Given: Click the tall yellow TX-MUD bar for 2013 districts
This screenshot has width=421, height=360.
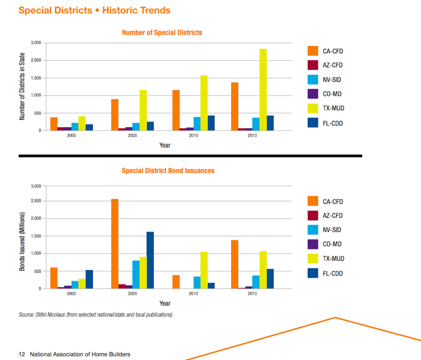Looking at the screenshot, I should coord(263,90).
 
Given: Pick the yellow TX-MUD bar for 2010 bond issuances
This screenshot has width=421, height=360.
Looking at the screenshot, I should coord(204,270).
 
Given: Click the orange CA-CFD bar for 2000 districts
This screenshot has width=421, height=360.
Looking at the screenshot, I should coord(54,124).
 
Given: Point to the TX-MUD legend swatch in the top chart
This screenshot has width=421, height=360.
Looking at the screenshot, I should coord(313,108).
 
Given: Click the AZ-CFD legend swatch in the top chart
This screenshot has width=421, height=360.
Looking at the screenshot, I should coord(313,65).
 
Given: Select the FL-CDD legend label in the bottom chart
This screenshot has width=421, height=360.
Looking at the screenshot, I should coord(333,273).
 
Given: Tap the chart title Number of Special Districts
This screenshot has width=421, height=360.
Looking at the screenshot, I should coord(162,32).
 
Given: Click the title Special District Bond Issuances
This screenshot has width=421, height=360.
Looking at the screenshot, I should coord(168,171).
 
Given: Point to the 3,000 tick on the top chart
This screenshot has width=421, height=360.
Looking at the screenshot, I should coord(36,43).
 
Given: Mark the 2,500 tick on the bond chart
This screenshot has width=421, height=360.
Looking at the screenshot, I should coord(36,201).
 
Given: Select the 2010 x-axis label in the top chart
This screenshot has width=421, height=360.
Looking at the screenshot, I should coord(193,136).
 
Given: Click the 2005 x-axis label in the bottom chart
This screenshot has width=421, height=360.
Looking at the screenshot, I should coord(132,294).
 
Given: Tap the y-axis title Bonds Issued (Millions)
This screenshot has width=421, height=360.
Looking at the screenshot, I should coord(22,241).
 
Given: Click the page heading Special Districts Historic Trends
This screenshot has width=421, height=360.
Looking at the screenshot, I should coord(95,10).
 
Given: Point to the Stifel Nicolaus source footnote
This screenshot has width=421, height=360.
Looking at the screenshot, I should coord(95,315).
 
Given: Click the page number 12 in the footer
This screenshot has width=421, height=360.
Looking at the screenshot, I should coord(22,354).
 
